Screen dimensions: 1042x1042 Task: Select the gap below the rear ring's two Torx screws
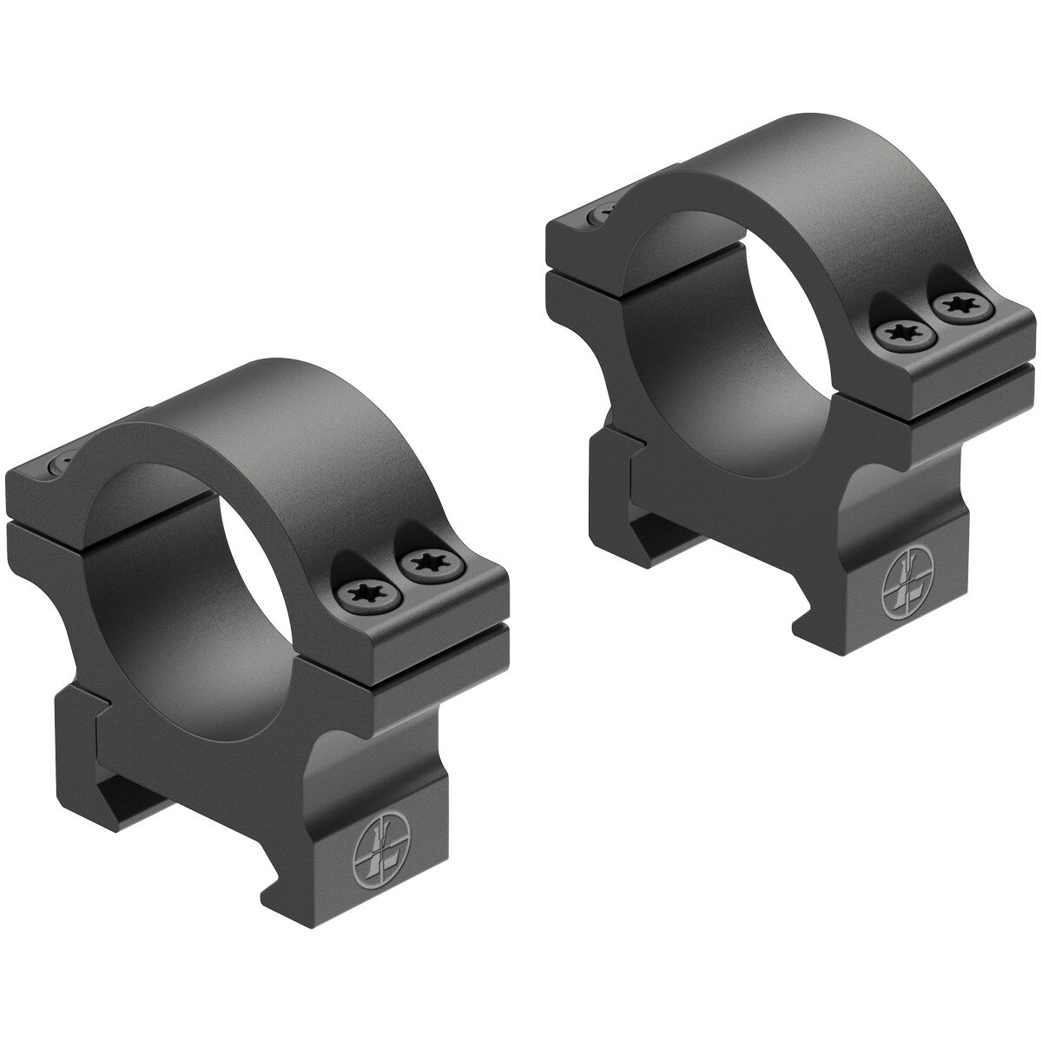tap(955, 382)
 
